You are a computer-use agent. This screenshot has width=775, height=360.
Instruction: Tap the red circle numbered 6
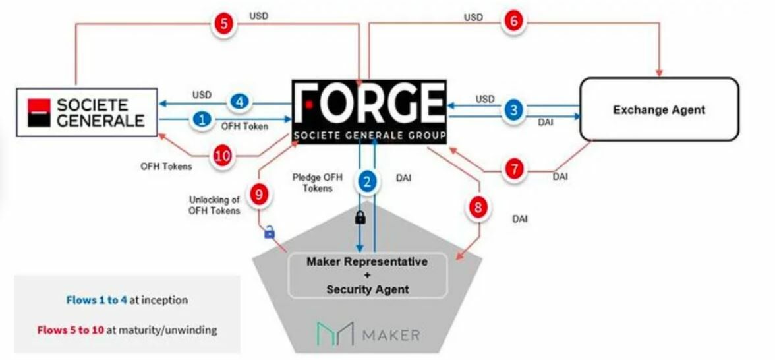pos(513,22)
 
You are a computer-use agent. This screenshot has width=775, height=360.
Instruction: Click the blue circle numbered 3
pos(513,109)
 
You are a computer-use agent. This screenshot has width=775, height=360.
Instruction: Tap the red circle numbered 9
pos(259,194)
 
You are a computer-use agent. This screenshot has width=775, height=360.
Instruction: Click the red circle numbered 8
pos(480,207)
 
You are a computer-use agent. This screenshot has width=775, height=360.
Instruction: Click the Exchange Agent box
pos(658,109)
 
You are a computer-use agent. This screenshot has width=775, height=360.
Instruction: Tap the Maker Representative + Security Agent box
pos(367,276)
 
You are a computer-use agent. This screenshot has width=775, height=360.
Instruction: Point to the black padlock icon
pos(360,217)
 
